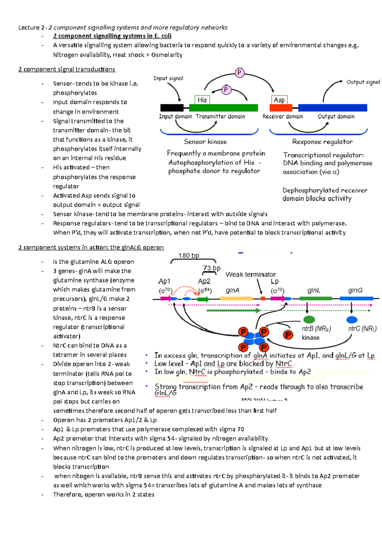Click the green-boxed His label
202,100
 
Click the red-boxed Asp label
279,100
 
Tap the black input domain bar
172,108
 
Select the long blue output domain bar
332,108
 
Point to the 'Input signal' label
168,78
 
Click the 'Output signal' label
363,82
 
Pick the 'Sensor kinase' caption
205,142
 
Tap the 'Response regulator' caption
322,142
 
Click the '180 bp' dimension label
189,256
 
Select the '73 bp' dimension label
212,268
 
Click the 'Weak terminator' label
251,274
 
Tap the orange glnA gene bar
236,299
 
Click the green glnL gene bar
315,299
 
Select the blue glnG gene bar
356,299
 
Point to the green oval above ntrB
309,319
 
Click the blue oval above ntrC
352,319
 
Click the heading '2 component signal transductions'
67,69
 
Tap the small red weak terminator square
263,299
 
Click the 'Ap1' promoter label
164,281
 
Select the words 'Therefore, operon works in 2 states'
103,494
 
